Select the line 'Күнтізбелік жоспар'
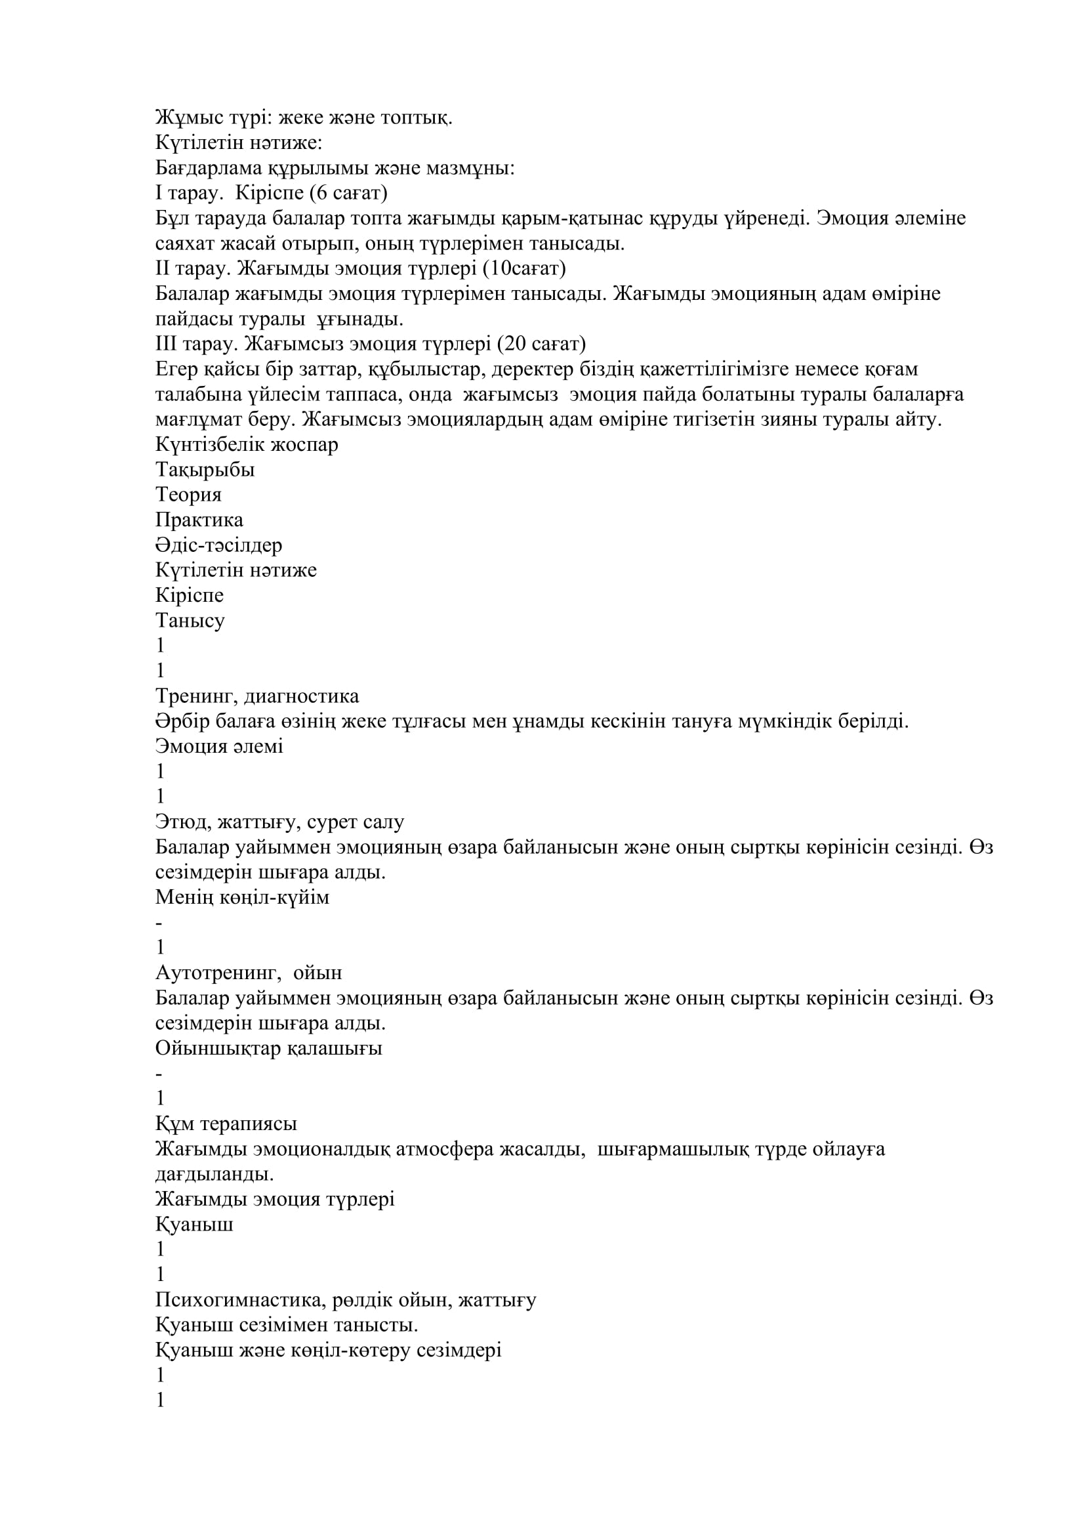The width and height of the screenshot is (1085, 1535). click(247, 444)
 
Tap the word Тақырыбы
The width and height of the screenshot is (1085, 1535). click(205, 470)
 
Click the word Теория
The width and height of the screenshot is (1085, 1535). click(188, 495)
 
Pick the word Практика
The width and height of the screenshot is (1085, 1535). click(199, 520)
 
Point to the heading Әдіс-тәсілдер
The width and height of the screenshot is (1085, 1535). click(218, 545)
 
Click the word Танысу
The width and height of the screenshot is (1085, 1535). click(190, 620)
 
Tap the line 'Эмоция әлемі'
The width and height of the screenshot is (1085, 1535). click(219, 746)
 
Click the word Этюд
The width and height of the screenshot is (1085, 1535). click(181, 822)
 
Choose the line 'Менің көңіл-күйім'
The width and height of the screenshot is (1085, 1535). click(242, 897)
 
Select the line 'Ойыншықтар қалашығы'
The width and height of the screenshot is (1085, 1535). click(268, 1048)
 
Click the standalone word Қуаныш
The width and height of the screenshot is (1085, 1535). click(194, 1225)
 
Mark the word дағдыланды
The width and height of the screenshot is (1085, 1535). click(215, 1174)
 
